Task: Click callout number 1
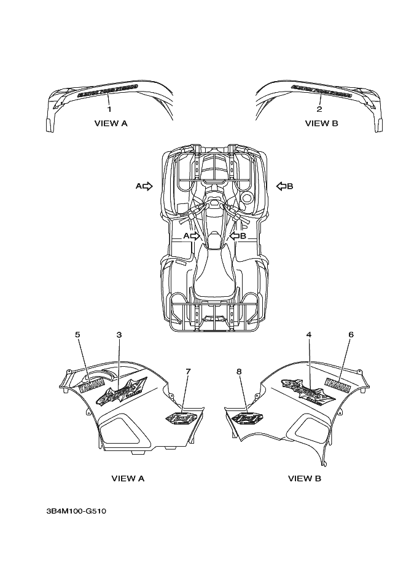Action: tap(109, 109)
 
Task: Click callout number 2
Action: tap(319, 109)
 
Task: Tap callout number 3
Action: tap(119, 334)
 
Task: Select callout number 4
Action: tap(309, 334)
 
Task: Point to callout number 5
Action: tap(78, 334)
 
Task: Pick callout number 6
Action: tap(351, 334)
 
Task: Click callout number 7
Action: tap(188, 371)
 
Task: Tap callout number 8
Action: tap(239, 371)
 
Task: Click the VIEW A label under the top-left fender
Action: tap(111, 124)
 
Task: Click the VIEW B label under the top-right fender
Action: tap(321, 124)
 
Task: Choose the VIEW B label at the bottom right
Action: tap(304, 478)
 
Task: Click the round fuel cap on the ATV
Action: tap(247, 198)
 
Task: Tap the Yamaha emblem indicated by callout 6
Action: tap(338, 387)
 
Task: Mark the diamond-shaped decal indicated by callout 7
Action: tap(182, 418)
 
